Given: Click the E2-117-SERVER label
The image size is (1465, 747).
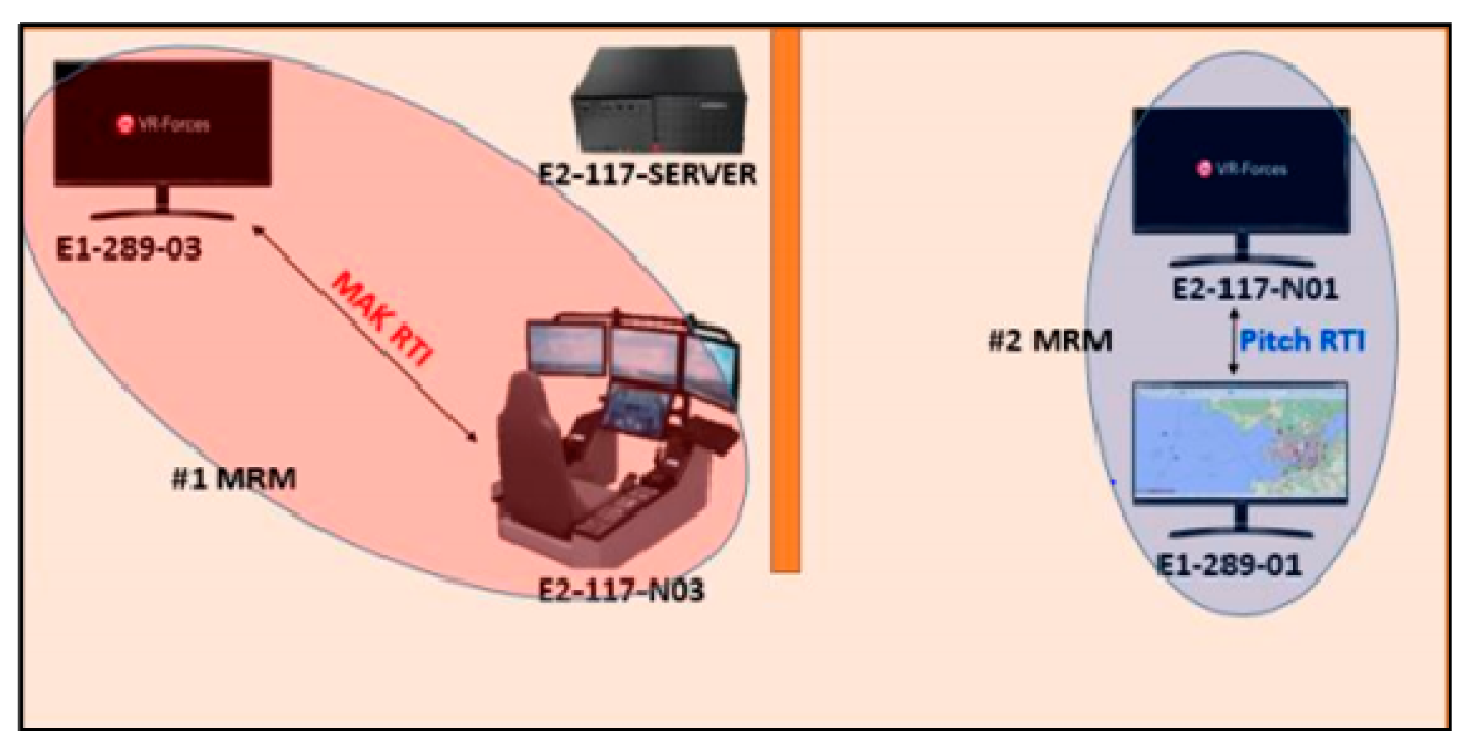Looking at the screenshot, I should pos(647,174).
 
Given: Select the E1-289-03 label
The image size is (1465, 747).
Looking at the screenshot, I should pos(129,249).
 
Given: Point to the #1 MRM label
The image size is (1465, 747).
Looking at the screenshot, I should pos(234,479).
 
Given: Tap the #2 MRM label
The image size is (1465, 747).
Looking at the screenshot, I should pos(1050,341).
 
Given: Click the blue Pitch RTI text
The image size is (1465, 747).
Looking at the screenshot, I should pos(1302,341).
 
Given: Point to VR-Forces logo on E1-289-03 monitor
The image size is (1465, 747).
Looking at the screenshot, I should pos(163,124).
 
